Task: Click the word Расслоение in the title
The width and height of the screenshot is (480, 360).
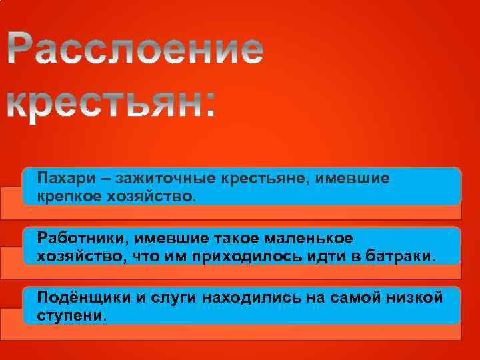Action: click(x=137, y=50)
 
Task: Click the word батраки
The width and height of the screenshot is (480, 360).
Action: click(x=400, y=255)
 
